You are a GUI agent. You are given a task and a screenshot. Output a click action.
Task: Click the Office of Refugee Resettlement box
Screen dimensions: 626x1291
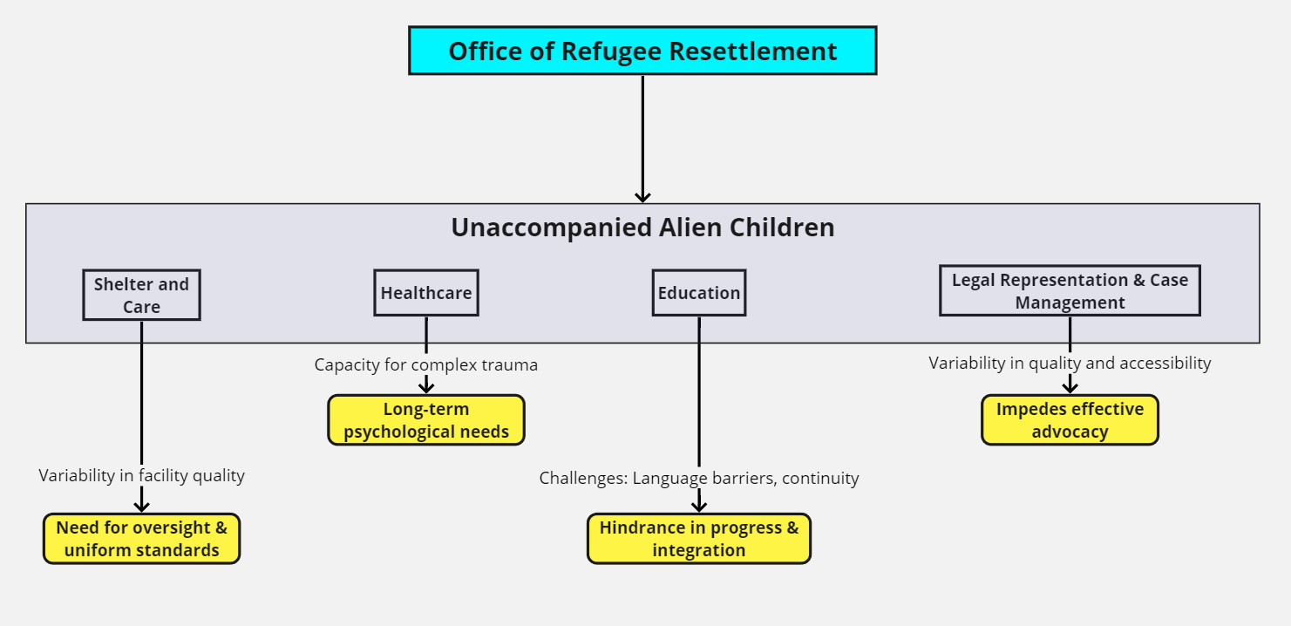[642, 51]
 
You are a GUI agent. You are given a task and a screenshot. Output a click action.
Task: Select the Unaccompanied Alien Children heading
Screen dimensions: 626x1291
[642, 228]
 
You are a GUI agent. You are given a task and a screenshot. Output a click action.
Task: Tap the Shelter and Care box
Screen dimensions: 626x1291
[141, 295]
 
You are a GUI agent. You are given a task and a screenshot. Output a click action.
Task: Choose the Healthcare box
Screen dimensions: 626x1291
[426, 293]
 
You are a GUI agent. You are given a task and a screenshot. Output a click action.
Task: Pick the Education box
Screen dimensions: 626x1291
[699, 293]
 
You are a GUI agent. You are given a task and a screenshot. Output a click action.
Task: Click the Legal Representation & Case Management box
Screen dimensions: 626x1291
[1070, 291]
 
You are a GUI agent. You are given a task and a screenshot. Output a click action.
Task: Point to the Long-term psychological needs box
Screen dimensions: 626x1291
[426, 420]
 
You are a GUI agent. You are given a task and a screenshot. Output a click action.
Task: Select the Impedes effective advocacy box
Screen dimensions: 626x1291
[1070, 420]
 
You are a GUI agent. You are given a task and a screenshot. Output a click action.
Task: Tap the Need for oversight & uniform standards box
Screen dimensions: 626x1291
[141, 539]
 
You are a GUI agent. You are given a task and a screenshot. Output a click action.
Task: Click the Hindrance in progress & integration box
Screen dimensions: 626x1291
[699, 539]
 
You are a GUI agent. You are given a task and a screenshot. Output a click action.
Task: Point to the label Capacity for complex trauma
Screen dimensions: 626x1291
[426, 364]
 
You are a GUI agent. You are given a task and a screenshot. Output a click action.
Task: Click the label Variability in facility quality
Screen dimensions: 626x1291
[141, 475]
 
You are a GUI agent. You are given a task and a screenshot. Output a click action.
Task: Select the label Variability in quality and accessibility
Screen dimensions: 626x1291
[1070, 363]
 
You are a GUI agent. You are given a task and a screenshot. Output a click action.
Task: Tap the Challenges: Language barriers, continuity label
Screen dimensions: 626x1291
[699, 478]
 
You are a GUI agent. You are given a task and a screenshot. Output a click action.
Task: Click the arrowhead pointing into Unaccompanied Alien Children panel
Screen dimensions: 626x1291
[642, 196]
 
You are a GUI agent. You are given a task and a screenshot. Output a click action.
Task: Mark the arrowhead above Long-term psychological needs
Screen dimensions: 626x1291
[426, 386]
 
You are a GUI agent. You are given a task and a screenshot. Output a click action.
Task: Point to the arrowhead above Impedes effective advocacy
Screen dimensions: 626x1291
[1070, 386]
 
